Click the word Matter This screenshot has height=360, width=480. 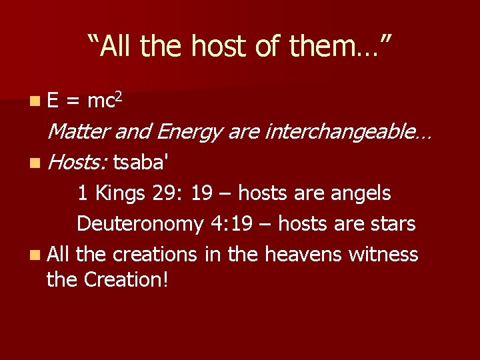79,132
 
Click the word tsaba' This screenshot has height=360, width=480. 144,162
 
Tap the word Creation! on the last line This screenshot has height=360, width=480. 126,280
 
